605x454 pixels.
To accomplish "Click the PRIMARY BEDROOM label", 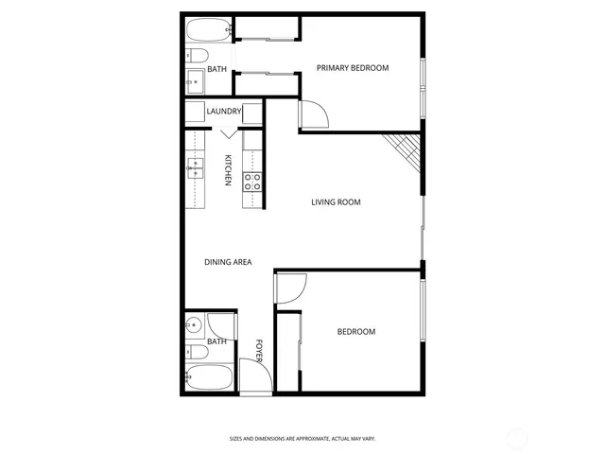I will click(353, 67).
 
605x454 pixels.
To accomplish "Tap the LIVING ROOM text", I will click(337, 201).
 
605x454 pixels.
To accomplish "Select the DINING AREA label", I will click(228, 262).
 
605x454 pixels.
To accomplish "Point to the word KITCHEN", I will click(228, 170).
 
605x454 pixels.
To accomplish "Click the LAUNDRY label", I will click(225, 112).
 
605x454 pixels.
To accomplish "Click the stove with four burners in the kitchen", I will click(252, 181).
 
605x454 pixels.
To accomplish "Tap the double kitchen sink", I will click(196, 167).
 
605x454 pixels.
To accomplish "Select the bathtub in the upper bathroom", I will click(207, 29).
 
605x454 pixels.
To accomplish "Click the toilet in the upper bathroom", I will click(193, 56).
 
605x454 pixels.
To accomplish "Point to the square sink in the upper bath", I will click(195, 82).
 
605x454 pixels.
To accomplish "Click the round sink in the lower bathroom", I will click(194, 326).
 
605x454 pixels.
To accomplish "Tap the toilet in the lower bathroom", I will click(195, 352).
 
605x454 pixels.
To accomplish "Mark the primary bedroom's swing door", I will click(313, 116).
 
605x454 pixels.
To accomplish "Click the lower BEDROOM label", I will click(356, 332).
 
